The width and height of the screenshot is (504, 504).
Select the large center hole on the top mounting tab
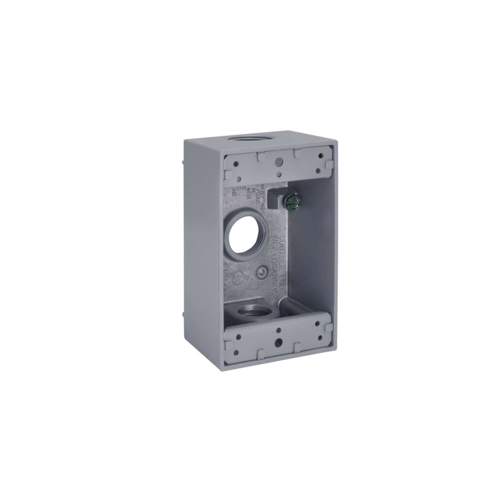(278, 162)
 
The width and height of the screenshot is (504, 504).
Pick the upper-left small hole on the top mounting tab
(237, 164)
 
